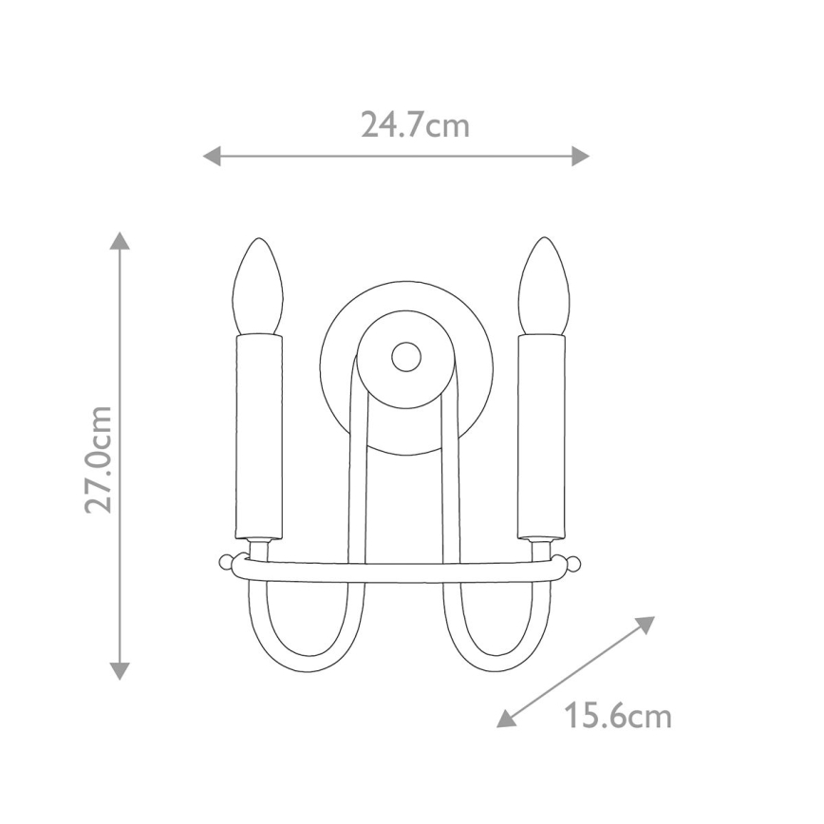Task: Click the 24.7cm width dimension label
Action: (x=415, y=124)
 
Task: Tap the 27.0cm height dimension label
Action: (x=99, y=459)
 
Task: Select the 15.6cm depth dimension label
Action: (x=618, y=715)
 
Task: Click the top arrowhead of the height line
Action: (x=120, y=240)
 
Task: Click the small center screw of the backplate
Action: (x=406, y=357)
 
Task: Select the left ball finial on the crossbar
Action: (x=225, y=563)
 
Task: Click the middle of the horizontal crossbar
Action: (x=400, y=572)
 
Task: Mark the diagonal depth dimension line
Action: (x=577, y=672)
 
